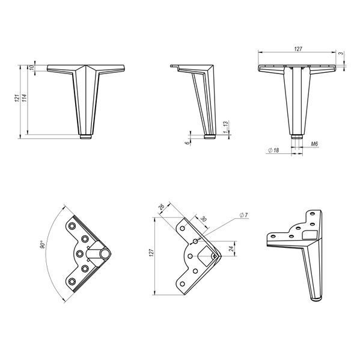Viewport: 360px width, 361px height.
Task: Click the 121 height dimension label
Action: pos(17,98)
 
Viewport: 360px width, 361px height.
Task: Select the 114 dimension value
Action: pos(25,98)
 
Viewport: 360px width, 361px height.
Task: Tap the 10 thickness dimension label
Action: pos(32,67)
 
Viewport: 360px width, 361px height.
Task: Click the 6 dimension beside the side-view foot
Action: pos(188,143)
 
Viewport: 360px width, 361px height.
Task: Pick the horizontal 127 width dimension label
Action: pos(298,49)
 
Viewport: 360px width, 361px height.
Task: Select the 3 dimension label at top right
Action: pos(341,54)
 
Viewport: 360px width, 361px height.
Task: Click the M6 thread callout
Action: pos(314,144)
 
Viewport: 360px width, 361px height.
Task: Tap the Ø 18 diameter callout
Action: pos(273,150)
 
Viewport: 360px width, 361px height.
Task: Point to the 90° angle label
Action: pos(43,244)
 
